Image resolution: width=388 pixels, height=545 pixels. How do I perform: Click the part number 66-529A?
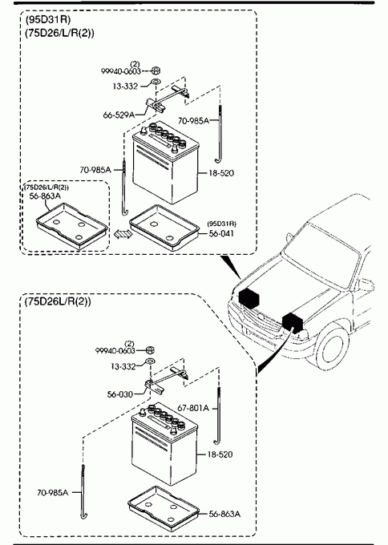(x=119, y=115)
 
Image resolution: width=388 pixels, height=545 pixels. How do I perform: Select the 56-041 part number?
(x=221, y=233)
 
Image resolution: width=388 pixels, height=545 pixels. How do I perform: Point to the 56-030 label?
(x=120, y=394)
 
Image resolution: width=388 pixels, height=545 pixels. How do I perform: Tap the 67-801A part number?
(x=193, y=408)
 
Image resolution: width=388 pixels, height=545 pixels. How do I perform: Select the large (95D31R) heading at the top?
(x=47, y=20)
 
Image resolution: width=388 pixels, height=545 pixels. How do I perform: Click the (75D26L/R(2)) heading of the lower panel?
(x=58, y=301)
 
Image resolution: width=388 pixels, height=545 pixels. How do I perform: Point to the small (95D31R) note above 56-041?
(x=221, y=223)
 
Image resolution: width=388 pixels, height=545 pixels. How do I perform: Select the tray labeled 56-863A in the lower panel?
(x=164, y=510)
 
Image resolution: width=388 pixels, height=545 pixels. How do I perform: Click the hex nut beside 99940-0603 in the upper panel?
(x=156, y=71)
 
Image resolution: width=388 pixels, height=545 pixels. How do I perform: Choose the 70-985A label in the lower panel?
(x=53, y=492)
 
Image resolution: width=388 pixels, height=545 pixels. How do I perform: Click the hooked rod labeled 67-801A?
(x=218, y=416)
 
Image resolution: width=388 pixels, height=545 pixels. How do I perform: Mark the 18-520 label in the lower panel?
(x=220, y=454)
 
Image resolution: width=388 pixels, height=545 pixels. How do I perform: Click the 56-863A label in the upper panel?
(x=45, y=196)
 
